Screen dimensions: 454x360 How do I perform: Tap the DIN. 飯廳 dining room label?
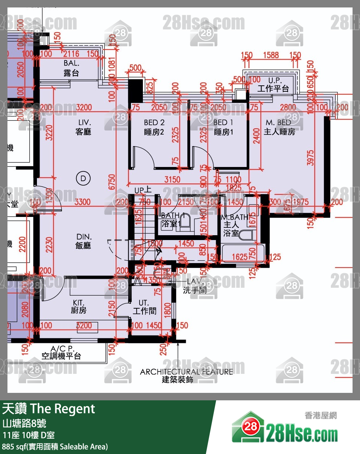[x=84, y=241]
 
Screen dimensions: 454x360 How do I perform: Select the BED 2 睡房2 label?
[x=154, y=127]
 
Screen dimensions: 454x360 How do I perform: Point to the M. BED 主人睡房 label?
[x=279, y=127]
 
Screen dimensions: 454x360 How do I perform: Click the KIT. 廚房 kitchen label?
[x=79, y=306]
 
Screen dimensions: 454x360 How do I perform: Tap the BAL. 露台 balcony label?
[x=71, y=69]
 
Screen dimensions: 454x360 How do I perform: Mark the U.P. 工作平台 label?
[x=273, y=85]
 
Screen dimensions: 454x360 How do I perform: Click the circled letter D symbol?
[x=83, y=179]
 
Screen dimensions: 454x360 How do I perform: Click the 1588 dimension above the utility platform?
[x=271, y=56]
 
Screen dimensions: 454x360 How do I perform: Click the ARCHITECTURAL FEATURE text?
[x=186, y=372]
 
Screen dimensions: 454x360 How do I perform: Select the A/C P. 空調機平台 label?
[x=61, y=352]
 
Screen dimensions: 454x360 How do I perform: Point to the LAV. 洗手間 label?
[x=194, y=286]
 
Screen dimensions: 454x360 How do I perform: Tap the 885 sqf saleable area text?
[x=55, y=446]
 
